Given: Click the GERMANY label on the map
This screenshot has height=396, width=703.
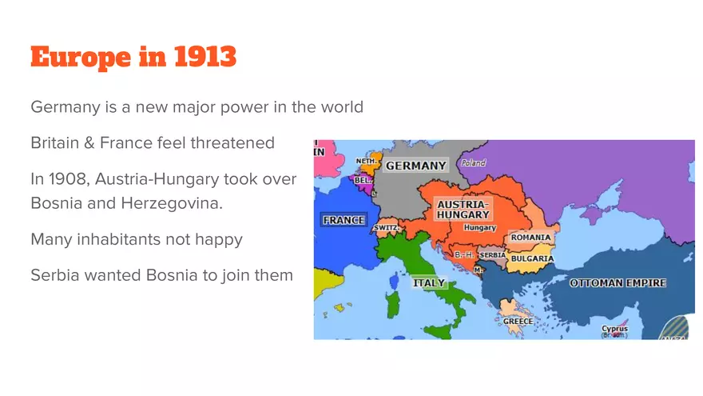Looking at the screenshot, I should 416,166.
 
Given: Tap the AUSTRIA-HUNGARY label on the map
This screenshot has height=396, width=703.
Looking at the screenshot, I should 463,210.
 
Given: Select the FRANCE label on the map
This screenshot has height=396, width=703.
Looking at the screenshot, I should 343,220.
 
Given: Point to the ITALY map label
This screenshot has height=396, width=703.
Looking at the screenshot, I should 428,282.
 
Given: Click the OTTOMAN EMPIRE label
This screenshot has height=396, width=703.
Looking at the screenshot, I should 617,283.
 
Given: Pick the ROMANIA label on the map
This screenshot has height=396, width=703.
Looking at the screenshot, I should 530,238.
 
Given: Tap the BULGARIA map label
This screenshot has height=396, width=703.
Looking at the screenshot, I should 532,258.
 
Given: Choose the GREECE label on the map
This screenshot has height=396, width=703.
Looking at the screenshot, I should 518,321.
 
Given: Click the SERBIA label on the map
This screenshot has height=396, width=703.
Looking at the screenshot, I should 492,255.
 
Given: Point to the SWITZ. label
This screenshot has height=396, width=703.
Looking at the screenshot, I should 386,227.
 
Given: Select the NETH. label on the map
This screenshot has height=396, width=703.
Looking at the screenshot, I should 366,160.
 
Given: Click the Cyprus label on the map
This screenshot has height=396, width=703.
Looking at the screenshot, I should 614,329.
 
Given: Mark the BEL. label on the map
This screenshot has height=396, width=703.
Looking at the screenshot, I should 363,180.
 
